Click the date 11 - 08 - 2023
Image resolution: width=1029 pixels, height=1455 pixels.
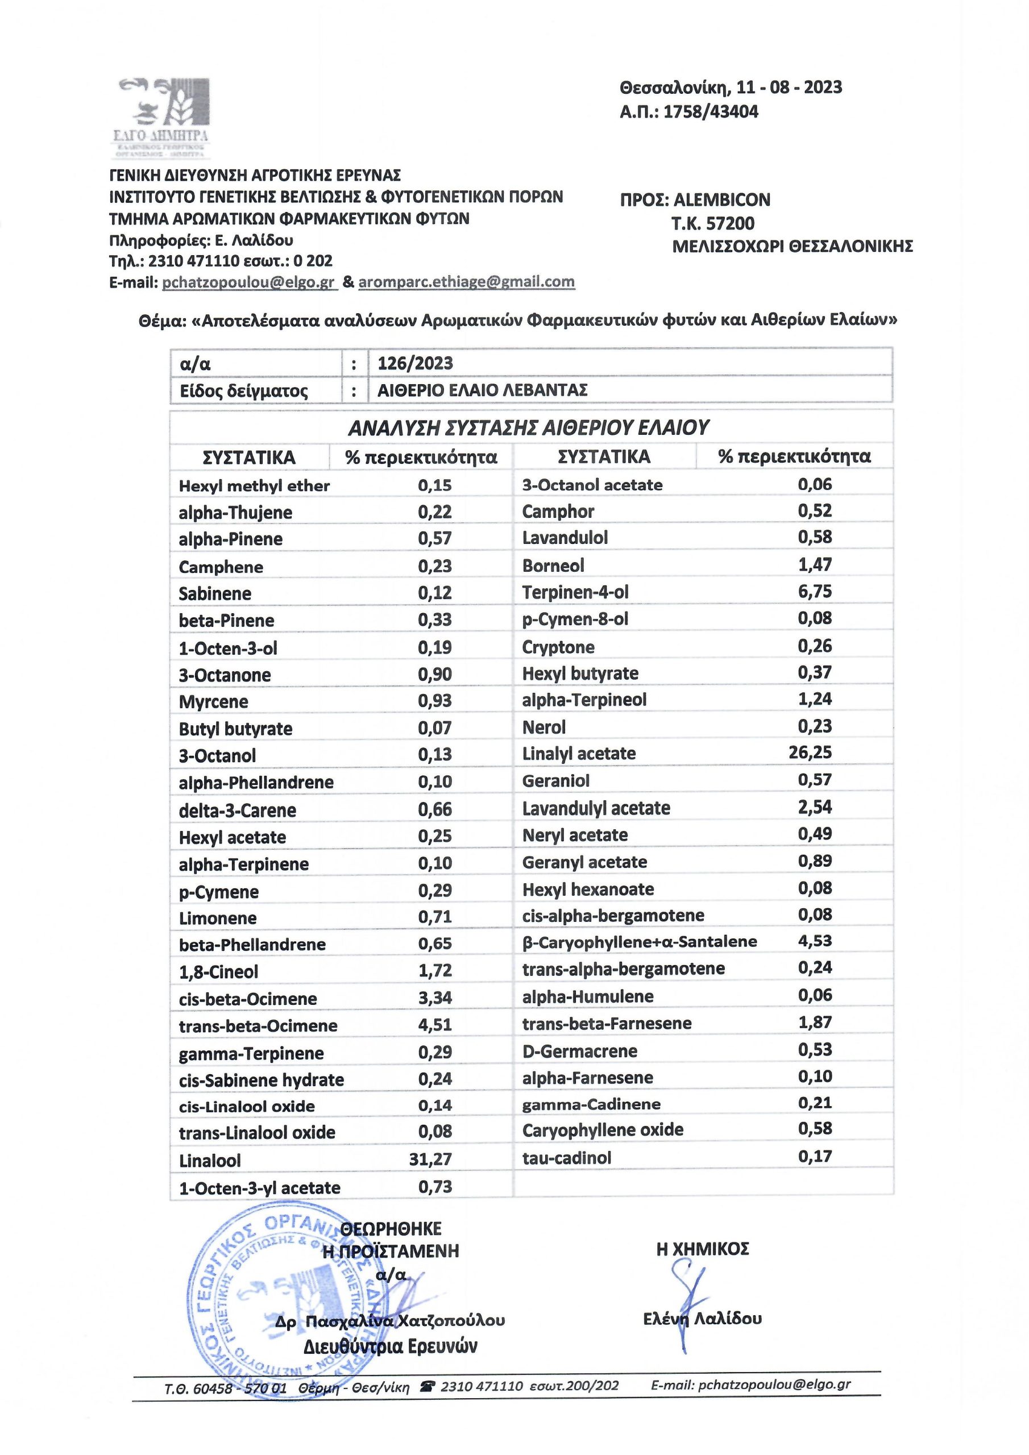tap(786, 87)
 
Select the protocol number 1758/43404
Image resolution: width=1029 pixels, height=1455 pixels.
tap(711, 112)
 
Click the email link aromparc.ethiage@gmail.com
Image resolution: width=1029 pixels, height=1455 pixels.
tap(466, 282)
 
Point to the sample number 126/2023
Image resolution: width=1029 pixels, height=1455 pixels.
tap(415, 363)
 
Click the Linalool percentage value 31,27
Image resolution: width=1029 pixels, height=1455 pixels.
tap(430, 1159)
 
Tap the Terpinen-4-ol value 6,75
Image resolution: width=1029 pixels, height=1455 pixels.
tap(815, 591)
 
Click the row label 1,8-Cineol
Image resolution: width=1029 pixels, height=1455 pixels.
tap(219, 971)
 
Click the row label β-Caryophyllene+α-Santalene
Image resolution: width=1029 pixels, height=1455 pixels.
tap(639, 942)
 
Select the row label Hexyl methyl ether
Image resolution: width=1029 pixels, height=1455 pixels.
tap(254, 486)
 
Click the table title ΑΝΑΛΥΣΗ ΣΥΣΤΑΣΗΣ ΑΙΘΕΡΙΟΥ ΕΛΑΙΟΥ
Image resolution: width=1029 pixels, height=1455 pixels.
tap(528, 428)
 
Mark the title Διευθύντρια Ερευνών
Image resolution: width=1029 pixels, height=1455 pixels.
tap(390, 1346)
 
